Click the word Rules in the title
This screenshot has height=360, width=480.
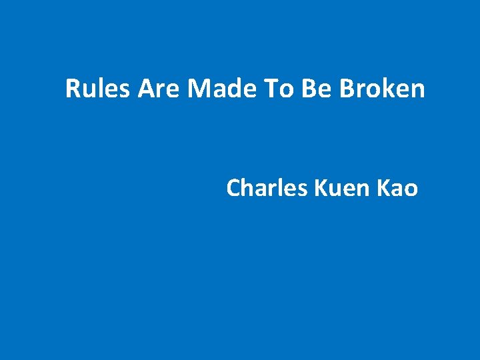(99, 89)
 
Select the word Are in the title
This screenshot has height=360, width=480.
(159, 89)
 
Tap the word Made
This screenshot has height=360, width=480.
(218, 89)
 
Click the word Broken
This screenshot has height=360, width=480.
(382, 89)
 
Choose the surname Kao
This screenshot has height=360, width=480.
(397, 189)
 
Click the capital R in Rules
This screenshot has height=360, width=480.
(73, 89)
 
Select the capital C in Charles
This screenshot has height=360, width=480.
(234, 189)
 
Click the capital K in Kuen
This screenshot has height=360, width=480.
(319, 189)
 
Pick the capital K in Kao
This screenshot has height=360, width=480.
(383, 189)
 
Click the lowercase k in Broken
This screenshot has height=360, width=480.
(389, 89)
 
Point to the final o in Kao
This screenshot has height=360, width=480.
(411, 189)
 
